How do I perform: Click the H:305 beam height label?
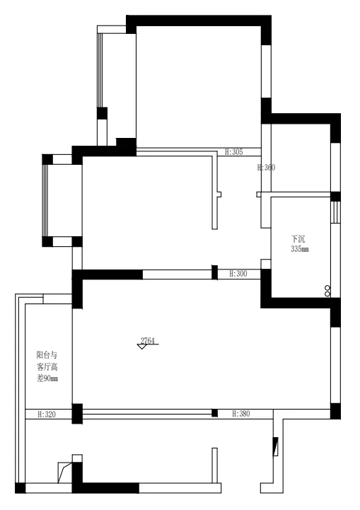click(234, 152)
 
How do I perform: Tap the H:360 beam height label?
click(266, 168)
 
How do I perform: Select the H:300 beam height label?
click(238, 274)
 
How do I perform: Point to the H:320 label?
click(47, 415)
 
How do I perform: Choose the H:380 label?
click(241, 414)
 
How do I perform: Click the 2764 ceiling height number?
click(147, 340)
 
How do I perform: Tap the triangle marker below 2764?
click(141, 347)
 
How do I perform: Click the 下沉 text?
click(298, 239)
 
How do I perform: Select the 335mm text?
click(300, 249)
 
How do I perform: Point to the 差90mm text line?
click(47, 378)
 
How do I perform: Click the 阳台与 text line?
click(47, 354)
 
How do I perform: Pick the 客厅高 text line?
click(47, 367)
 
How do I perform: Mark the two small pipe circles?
click(327, 291)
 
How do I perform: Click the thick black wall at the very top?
click(198, 21)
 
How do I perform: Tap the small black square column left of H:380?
click(214, 413)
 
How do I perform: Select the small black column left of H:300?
click(214, 272)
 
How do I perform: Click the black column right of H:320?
click(77, 414)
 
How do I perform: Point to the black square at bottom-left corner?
click(21, 488)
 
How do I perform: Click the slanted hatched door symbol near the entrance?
click(275, 447)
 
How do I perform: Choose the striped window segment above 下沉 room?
click(336, 212)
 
